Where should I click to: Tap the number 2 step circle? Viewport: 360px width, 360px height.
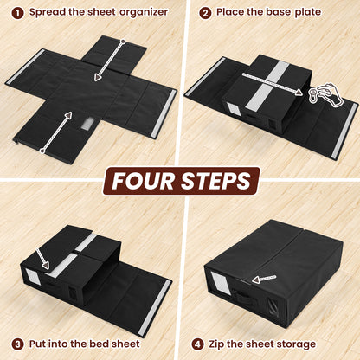click(x=205, y=12)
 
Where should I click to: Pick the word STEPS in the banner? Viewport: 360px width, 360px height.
click(x=217, y=181)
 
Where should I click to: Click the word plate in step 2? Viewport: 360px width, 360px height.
click(x=305, y=13)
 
